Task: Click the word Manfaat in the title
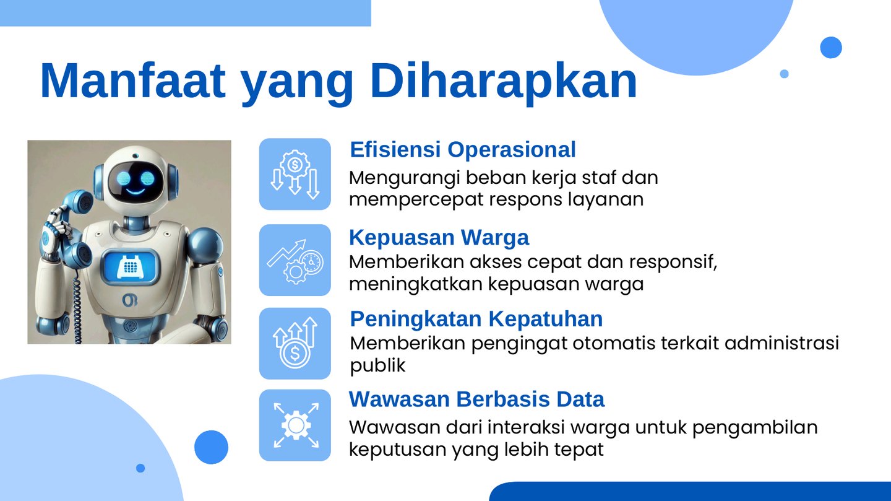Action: coord(133,81)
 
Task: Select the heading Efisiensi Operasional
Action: coord(463,149)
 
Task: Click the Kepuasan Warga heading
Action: coord(439,237)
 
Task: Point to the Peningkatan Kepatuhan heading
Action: coord(476,319)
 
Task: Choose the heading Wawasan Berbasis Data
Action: coord(476,399)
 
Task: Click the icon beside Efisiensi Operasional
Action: coord(295,174)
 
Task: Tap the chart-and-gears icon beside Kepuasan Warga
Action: coord(295,260)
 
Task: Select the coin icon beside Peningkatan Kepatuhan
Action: coord(295,343)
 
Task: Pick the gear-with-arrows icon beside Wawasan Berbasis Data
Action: coord(295,425)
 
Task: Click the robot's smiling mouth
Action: coord(136,191)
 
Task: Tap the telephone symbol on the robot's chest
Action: coord(129,266)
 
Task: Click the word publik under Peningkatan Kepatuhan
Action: coord(377,366)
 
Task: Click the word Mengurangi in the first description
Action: coord(404,178)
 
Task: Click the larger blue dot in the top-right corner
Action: coord(831,48)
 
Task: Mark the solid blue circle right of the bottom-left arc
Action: coord(211,447)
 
